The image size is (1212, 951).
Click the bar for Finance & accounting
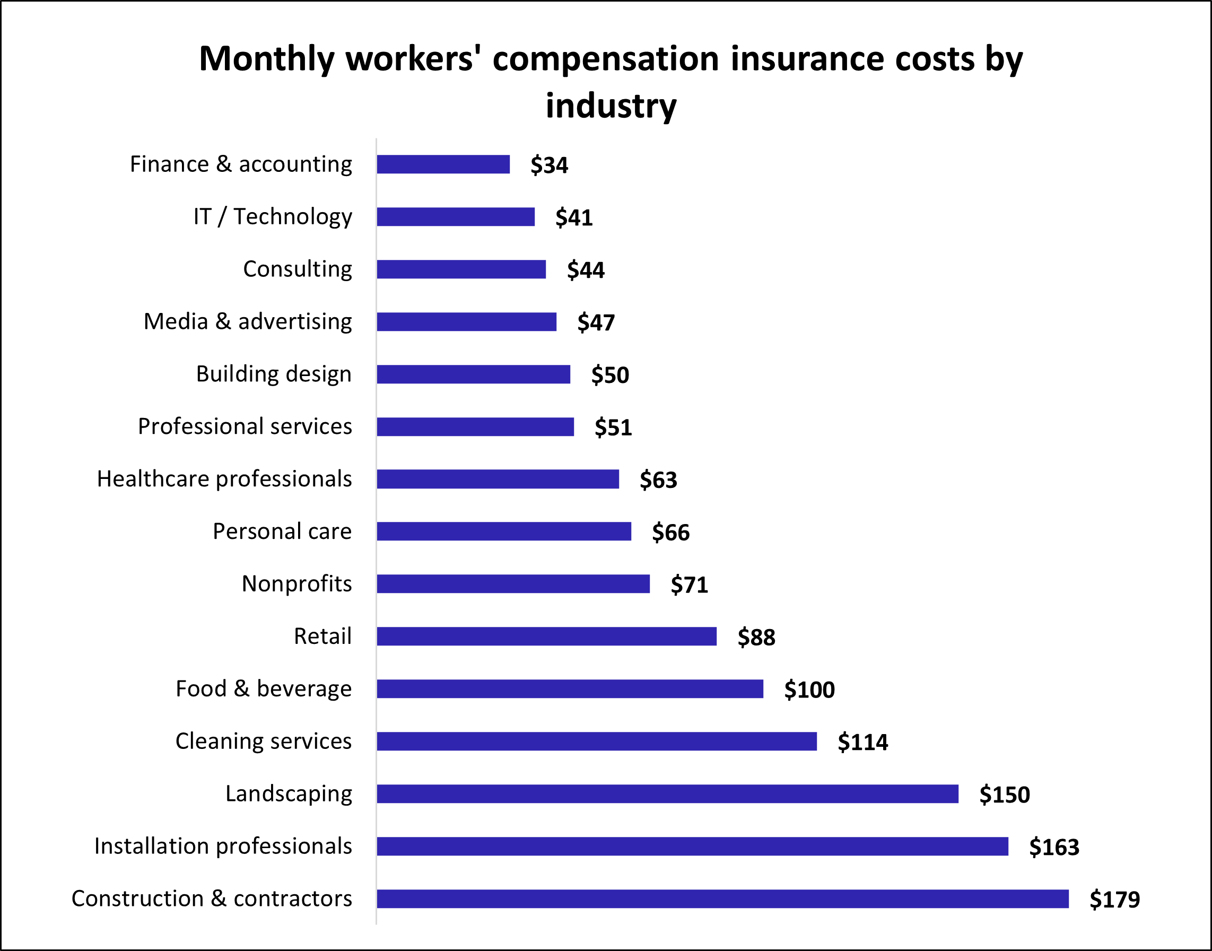pyautogui.click(x=443, y=164)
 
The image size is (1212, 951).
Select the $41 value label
pyautogui.click(x=573, y=217)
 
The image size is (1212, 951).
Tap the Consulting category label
pyautogui.click(x=297, y=269)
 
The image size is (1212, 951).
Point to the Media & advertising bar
pyautogui.click(x=467, y=322)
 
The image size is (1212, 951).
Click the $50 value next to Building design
pyautogui.click(x=609, y=374)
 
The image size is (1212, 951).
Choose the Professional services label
pyautogui.click(x=245, y=426)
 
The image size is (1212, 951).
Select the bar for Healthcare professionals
pyautogui.click(x=498, y=479)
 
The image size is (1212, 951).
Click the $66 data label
pyautogui.click(x=670, y=533)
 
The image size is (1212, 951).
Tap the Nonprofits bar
pyautogui.click(x=513, y=583)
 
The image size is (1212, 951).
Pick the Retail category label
pyautogui.click(x=322, y=636)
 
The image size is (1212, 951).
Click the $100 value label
pyautogui.click(x=809, y=690)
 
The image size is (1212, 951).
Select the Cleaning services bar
pyautogui.click(x=596, y=741)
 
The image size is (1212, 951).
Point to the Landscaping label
pyautogui.click(x=289, y=794)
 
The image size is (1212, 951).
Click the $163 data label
pyautogui.click(x=1053, y=847)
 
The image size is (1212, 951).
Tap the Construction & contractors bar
pyautogui.click(x=722, y=898)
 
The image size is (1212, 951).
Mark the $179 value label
pyautogui.click(x=1114, y=900)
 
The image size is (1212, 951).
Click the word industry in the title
pyautogui.click(x=611, y=106)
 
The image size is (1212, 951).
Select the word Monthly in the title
pyautogui.click(x=266, y=59)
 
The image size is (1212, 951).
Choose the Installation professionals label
pyautogui.click(x=223, y=847)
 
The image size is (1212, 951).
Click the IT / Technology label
pyautogui.click(x=272, y=216)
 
